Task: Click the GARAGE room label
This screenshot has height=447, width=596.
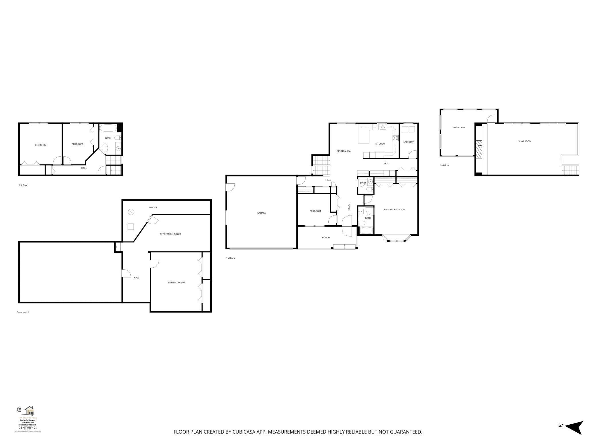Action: pyautogui.click(x=261, y=213)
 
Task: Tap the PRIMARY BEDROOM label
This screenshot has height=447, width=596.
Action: pyautogui.click(x=394, y=209)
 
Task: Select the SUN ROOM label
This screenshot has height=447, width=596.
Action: pyautogui.click(x=459, y=127)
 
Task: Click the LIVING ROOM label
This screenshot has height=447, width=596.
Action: pyautogui.click(x=524, y=141)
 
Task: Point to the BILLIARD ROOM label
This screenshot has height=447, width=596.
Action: pyautogui.click(x=176, y=283)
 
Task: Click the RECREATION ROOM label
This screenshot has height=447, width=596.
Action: pyautogui.click(x=170, y=234)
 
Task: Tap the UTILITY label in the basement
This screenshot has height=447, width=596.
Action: pyautogui.click(x=153, y=207)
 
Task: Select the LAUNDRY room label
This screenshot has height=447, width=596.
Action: pyautogui.click(x=408, y=142)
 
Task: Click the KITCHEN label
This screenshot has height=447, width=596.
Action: pyautogui.click(x=380, y=144)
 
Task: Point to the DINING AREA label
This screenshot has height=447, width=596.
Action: pyautogui.click(x=343, y=151)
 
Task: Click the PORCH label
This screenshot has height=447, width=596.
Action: pyautogui.click(x=326, y=238)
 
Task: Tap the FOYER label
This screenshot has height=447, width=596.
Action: pyautogui.click(x=349, y=207)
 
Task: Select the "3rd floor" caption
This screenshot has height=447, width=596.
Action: pyautogui.click(x=444, y=165)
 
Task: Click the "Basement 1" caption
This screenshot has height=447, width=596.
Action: pyautogui.click(x=23, y=312)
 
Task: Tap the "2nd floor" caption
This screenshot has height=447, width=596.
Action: pyautogui.click(x=230, y=258)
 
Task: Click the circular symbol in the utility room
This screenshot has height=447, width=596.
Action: pyautogui.click(x=131, y=212)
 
